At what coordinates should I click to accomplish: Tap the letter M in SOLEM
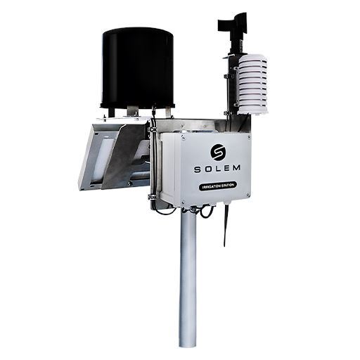[234, 168]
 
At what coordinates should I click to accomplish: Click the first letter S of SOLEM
[198, 170]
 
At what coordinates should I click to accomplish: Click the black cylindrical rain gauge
[138, 70]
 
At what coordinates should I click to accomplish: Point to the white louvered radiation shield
[252, 86]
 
